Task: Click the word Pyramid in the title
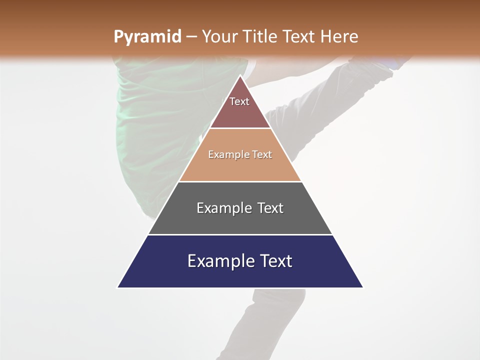(x=147, y=37)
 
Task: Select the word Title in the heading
(x=260, y=37)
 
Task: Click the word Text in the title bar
(x=299, y=37)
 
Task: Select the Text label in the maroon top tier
(x=239, y=101)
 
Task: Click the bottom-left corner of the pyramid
(x=118, y=287)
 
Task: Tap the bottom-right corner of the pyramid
(x=362, y=287)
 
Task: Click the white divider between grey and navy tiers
(x=240, y=234)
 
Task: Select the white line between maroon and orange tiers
(x=240, y=128)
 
